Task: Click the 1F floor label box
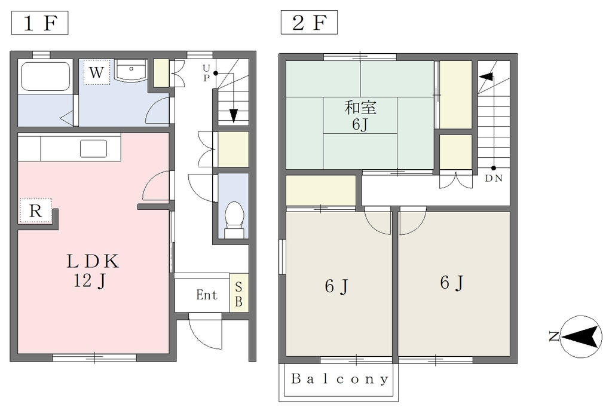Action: pyautogui.click(x=40, y=23)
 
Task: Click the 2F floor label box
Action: pyautogui.click(x=309, y=23)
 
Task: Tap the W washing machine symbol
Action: pyautogui.click(x=97, y=72)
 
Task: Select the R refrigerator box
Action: pyautogui.click(x=35, y=210)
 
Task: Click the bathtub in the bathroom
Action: pyautogui.click(x=45, y=76)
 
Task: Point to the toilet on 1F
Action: pyautogui.click(x=234, y=219)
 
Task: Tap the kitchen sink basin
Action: pyautogui.click(x=94, y=148)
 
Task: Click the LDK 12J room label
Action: pyautogui.click(x=92, y=271)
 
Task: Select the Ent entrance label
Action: pyautogui.click(x=206, y=295)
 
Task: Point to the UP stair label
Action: pyautogui.click(x=206, y=73)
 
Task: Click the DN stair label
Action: pyautogui.click(x=494, y=179)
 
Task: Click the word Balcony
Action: pyautogui.click(x=339, y=379)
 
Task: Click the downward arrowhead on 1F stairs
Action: pyautogui.click(x=234, y=116)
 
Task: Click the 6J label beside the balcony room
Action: pyautogui.click(x=336, y=286)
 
